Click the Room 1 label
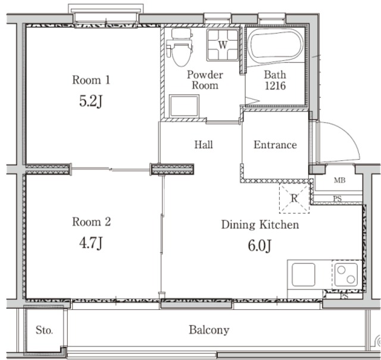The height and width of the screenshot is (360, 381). tap(91, 80)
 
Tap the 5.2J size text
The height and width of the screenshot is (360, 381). tap(90, 101)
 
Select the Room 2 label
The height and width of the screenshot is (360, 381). tap(91, 222)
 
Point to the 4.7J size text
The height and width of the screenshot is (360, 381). tap(90, 243)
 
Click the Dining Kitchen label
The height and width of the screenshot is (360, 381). tap(260, 225)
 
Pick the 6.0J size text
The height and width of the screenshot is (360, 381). tap(260, 246)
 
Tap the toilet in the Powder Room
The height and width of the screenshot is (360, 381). tap(180, 48)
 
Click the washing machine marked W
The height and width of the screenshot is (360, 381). tap(223, 45)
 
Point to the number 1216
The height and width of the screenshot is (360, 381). tap(275, 86)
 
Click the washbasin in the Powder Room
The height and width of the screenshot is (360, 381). tap(184, 106)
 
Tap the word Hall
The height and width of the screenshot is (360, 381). tap(204, 145)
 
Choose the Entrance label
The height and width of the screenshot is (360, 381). tap(275, 145)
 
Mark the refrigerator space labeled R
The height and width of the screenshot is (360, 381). tap(294, 198)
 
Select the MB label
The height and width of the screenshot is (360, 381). tap(340, 180)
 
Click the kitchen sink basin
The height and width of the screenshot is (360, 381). tap(304, 275)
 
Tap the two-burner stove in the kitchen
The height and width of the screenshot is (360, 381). tap(346, 275)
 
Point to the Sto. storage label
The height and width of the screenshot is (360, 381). tap(44, 330)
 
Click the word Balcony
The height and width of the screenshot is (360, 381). tap(209, 330)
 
